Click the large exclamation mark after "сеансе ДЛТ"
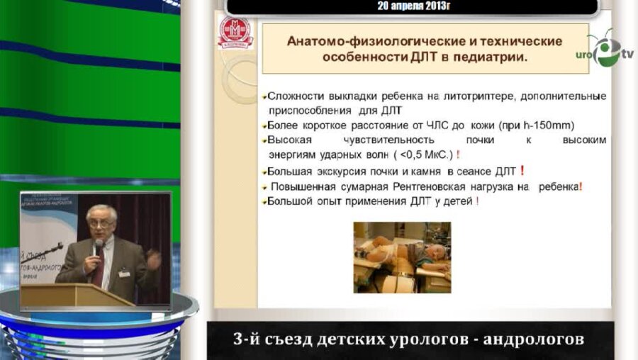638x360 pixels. [522, 170]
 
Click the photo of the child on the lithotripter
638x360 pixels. [402, 257]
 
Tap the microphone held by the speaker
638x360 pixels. [98, 247]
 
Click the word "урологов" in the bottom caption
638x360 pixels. [425, 339]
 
